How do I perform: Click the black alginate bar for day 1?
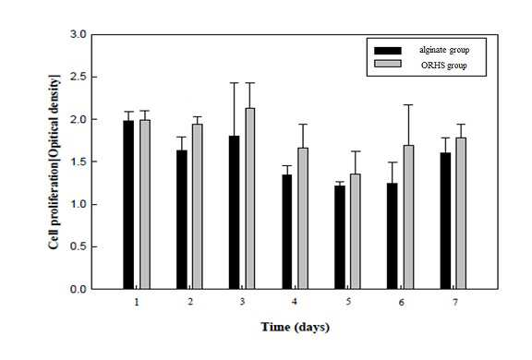tap(128, 205)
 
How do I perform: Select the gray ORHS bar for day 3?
tap(250, 198)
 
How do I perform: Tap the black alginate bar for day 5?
tap(340, 237)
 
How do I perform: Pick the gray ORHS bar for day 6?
tap(408, 217)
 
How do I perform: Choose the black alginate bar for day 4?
tap(287, 232)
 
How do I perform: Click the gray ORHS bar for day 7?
tap(461, 213)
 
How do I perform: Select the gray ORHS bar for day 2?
tap(198, 207)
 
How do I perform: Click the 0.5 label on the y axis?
tap(79, 246)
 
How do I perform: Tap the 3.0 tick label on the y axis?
tap(79, 34)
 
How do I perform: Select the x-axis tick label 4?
tap(294, 302)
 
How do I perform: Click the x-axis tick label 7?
tap(454, 302)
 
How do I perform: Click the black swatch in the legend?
tap(388, 51)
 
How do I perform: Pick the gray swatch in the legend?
tap(388, 64)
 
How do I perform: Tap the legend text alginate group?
tap(444, 50)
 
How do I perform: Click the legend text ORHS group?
tap(443, 66)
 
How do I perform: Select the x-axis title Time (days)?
tap(296, 327)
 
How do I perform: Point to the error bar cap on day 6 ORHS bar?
tap(408, 104)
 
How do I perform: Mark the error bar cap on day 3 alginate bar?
tap(234, 83)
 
